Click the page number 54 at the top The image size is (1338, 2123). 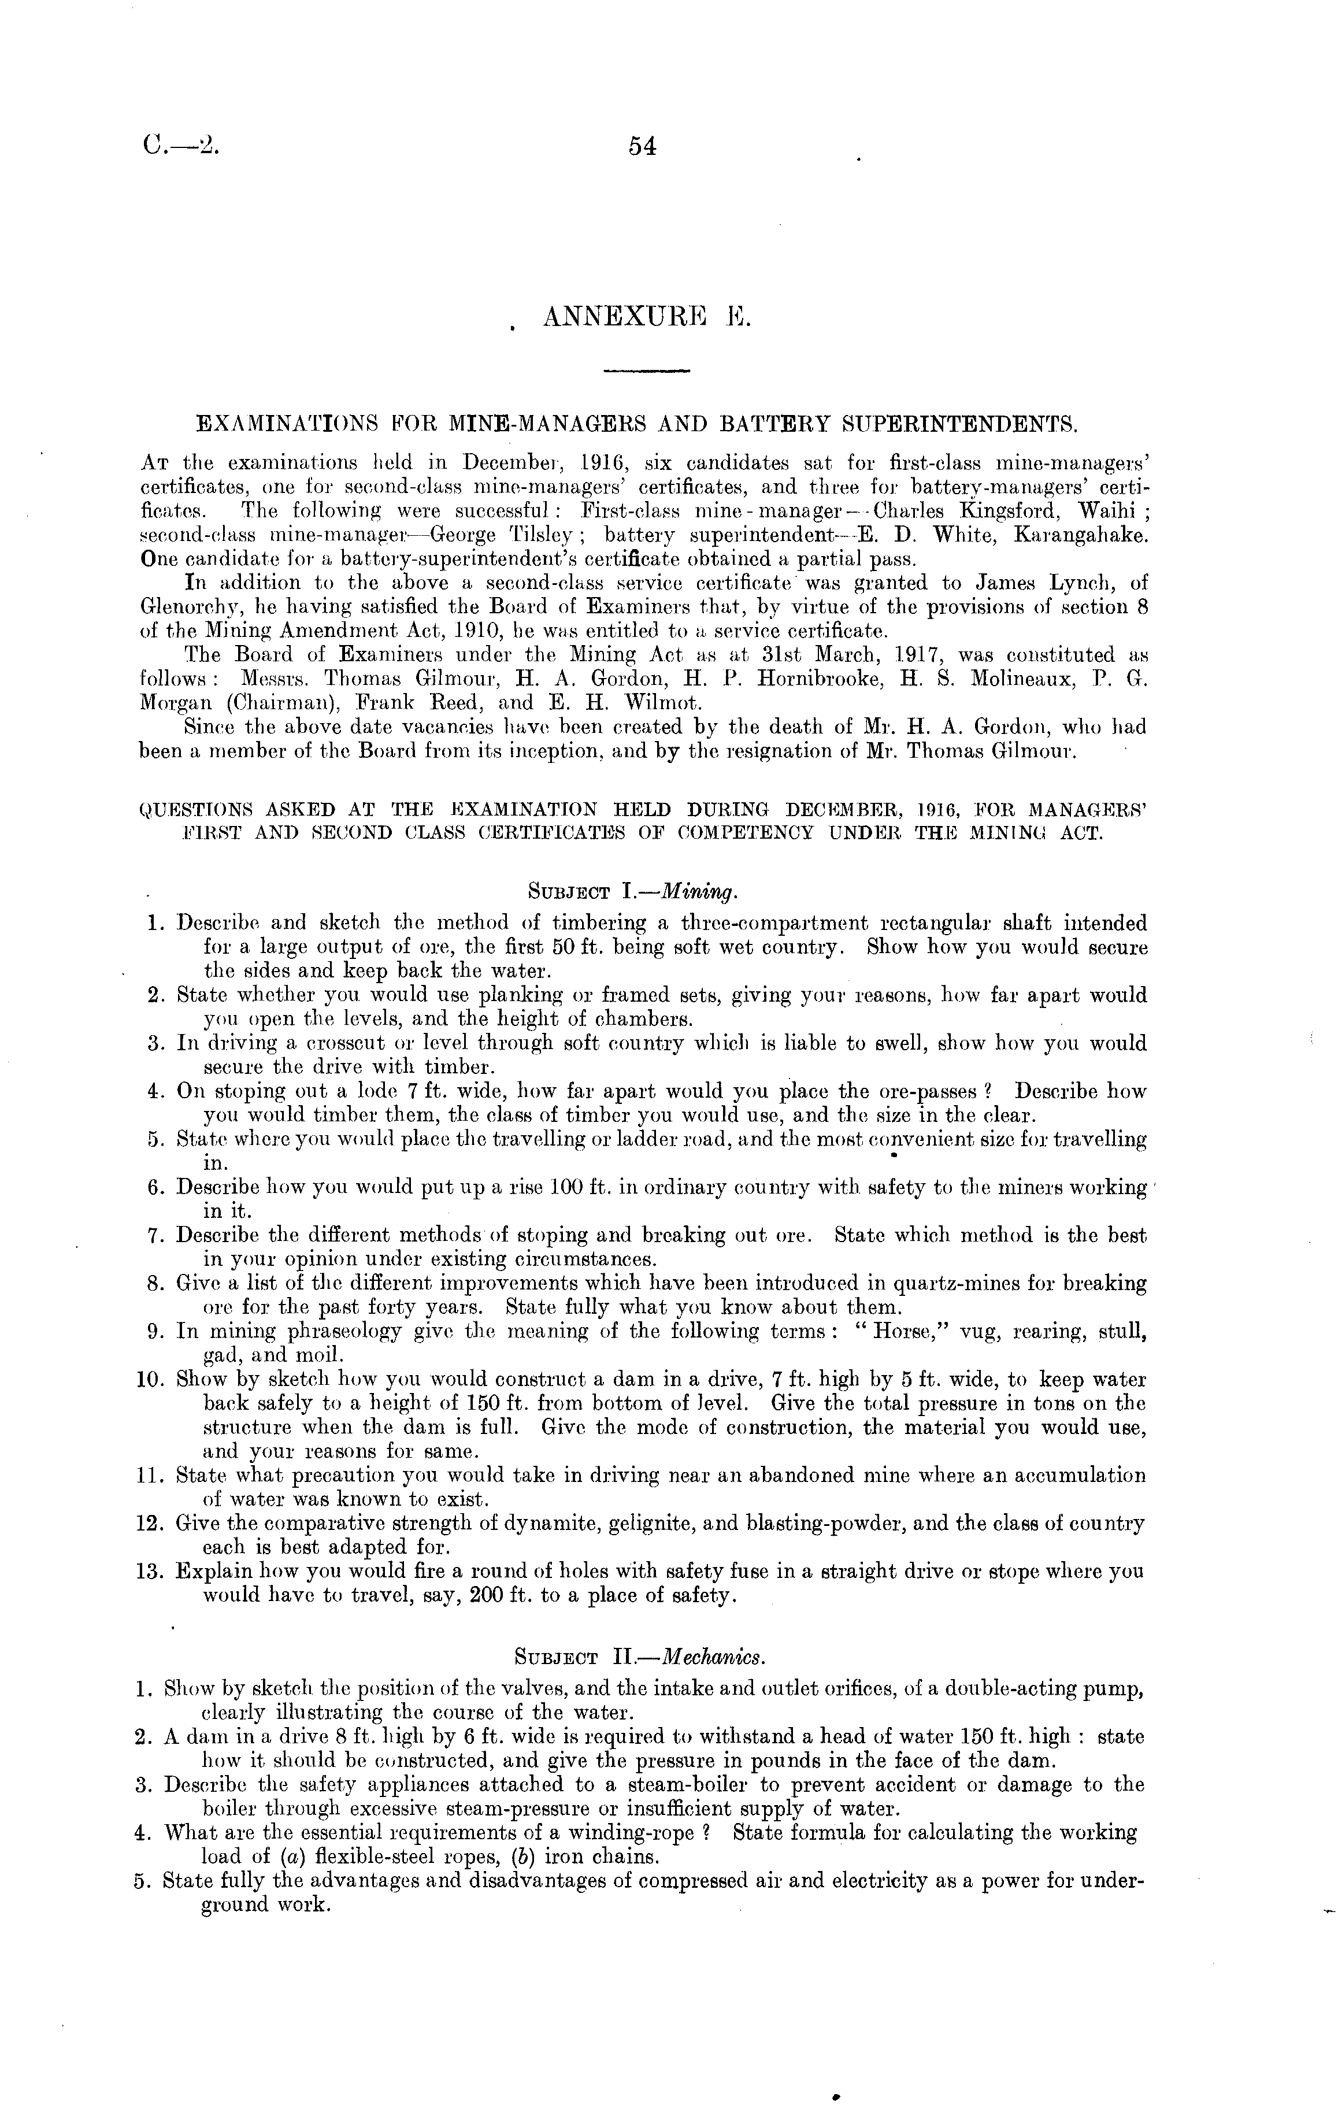pyautogui.click(x=643, y=147)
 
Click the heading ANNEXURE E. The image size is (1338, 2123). pyautogui.click(x=646, y=317)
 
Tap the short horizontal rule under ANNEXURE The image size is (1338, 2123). pyautogui.click(x=647, y=371)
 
